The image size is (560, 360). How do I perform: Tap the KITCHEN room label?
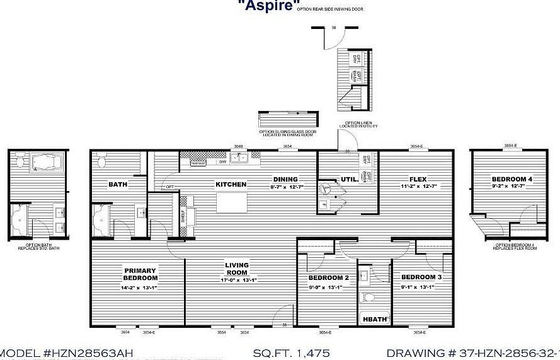(231, 185)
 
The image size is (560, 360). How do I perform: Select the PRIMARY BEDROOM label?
(140, 274)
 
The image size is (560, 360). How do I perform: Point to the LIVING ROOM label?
(237, 269)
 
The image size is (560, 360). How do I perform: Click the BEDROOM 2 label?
(328, 278)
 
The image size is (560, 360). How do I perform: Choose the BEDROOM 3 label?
(421, 278)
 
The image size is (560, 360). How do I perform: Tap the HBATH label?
(374, 320)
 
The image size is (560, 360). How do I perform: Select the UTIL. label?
(350, 180)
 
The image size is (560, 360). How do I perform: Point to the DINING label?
(285, 179)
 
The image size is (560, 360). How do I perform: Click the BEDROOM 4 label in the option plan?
(512, 179)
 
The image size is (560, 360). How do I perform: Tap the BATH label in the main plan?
(118, 185)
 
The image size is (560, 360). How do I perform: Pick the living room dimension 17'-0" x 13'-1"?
(238, 280)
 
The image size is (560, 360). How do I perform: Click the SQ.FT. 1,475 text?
(291, 353)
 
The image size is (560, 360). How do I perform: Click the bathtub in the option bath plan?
(45, 161)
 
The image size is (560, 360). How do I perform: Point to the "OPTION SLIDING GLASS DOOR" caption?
(286, 132)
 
